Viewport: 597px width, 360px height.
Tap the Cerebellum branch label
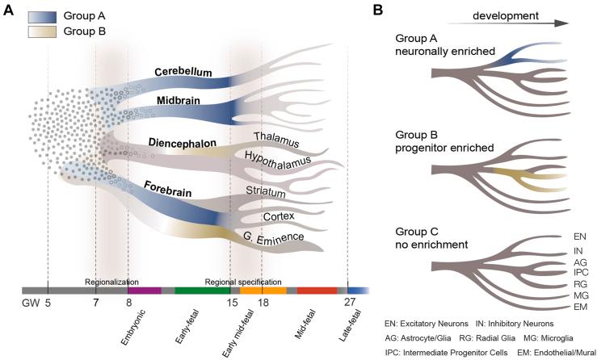[x=184, y=72]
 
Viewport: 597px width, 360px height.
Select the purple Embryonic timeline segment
[x=145, y=290]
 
